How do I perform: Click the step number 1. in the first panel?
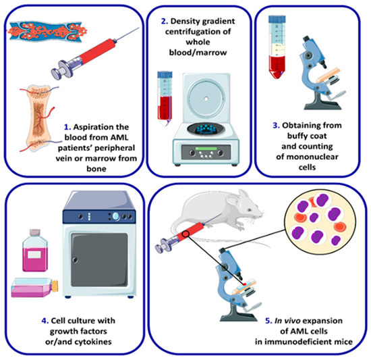point(67,127)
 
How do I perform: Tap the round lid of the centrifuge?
point(206,98)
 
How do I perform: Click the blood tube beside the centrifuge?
point(165,98)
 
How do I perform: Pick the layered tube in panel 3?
point(277,47)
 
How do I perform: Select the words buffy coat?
point(307,136)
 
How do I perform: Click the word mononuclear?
point(307,157)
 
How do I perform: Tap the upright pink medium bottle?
point(35,251)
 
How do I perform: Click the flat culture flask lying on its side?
point(35,288)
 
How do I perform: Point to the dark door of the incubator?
point(99,260)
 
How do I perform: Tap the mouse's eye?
point(250,210)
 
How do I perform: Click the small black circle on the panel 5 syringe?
point(186,234)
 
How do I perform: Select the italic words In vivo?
point(287,321)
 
